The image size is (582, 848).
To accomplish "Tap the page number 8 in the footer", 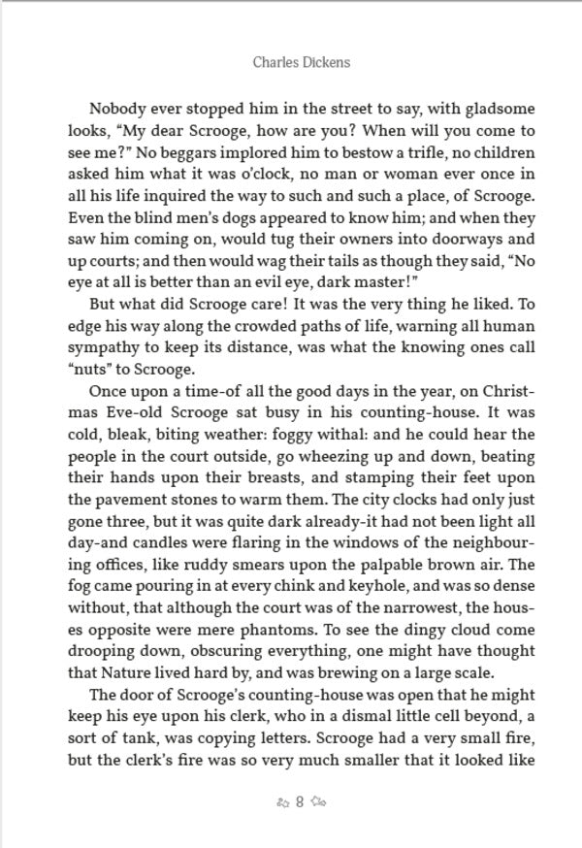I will click(x=300, y=802).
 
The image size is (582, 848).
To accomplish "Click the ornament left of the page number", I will click(x=282, y=802).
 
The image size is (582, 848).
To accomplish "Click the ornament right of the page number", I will click(x=318, y=802).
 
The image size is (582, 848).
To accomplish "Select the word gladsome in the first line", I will click(x=498, y=110).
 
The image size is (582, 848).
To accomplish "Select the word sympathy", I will click(x=103, y=347).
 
